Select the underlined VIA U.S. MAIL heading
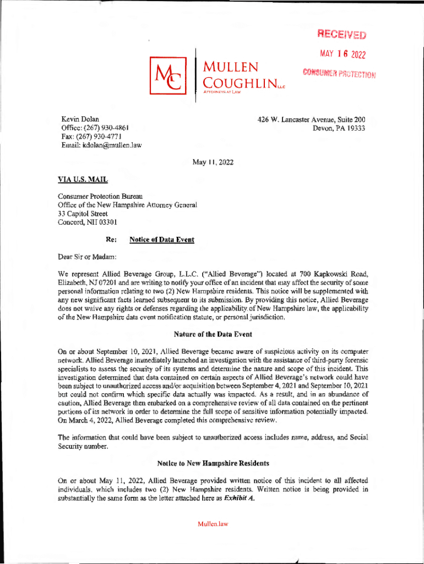point(83,180)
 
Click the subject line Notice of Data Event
point(161,240)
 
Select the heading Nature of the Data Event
point(211,334)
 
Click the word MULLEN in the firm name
point(231,68)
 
